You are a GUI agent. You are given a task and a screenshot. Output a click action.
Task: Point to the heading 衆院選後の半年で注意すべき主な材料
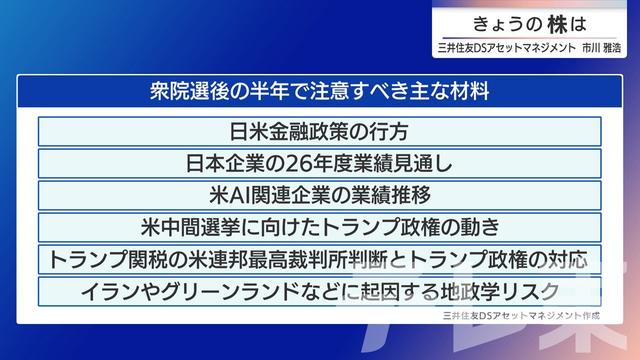click(321, 92)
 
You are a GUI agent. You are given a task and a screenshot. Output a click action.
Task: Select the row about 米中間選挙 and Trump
click(321, 225)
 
